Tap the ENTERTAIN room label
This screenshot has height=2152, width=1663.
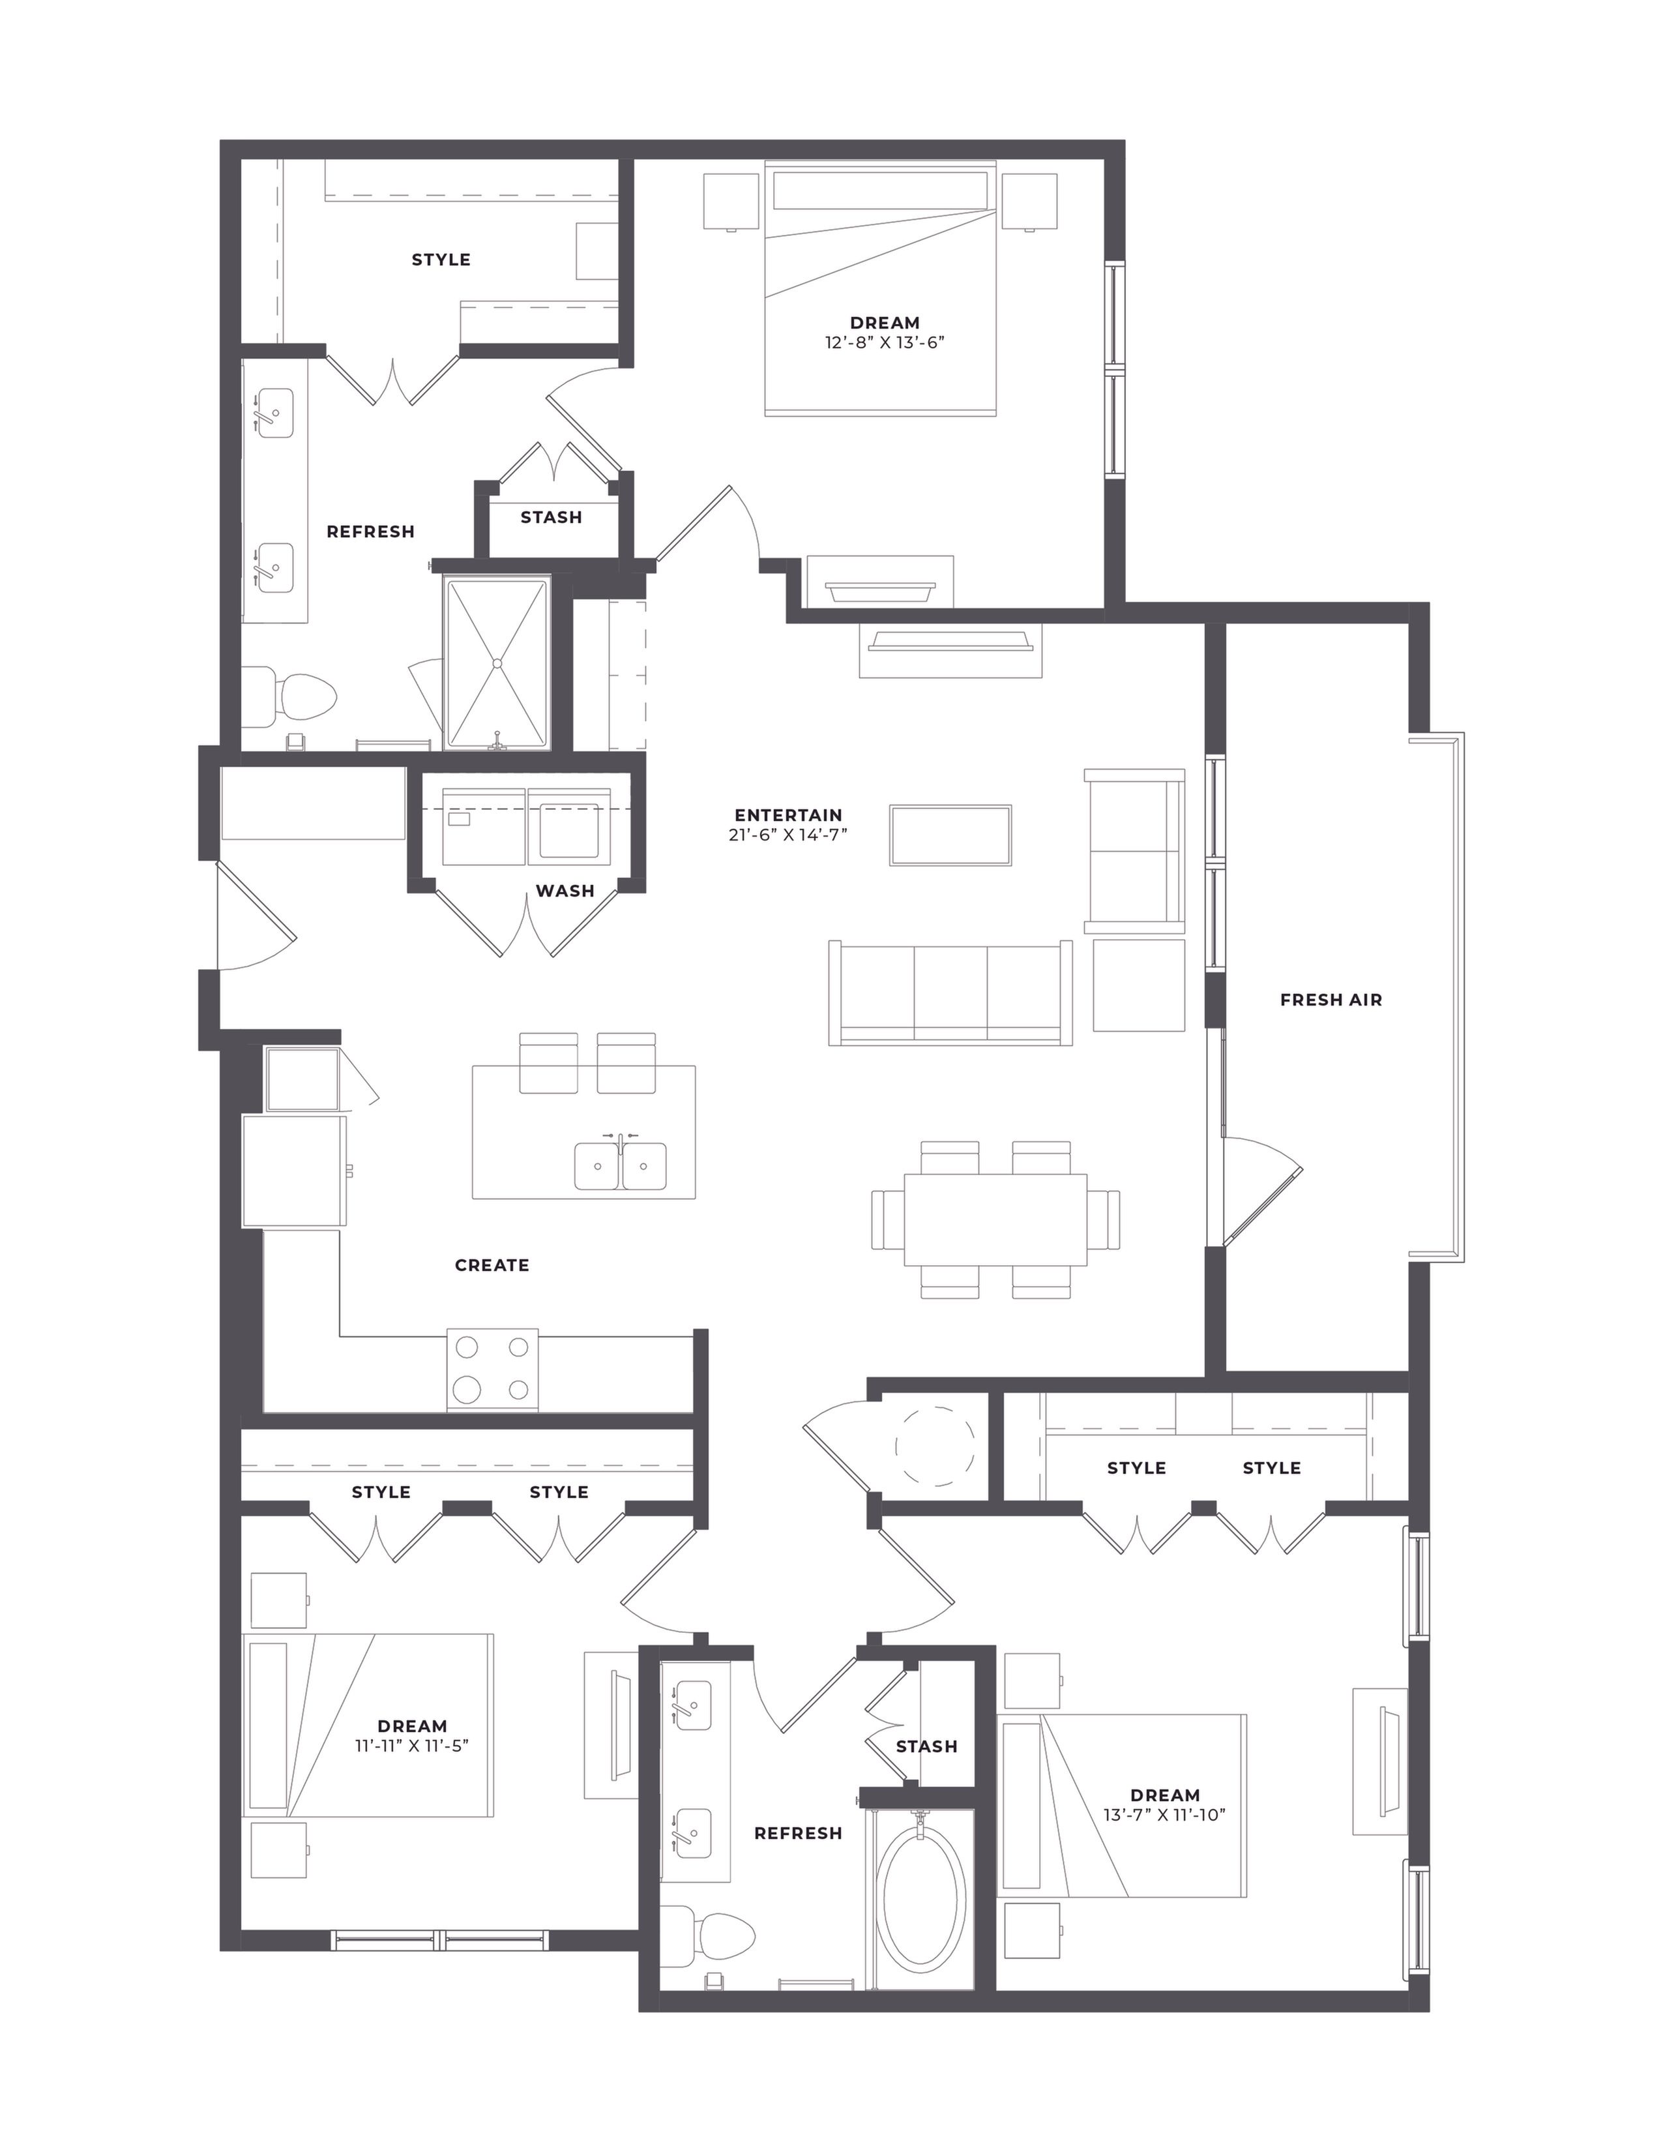click(788, 815)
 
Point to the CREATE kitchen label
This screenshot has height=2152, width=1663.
click(492, 1265)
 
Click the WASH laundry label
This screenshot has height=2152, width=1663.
click(565, 891)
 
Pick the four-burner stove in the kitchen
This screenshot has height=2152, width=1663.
click(493, 1369)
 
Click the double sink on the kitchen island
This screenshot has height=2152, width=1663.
click(621, 1166)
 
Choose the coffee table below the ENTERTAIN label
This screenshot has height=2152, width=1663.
click(950, 835)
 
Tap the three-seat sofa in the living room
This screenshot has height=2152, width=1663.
click(950, 993)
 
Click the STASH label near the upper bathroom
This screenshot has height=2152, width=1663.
click(551, 517)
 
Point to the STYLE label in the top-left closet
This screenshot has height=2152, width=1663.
click(441, 260)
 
